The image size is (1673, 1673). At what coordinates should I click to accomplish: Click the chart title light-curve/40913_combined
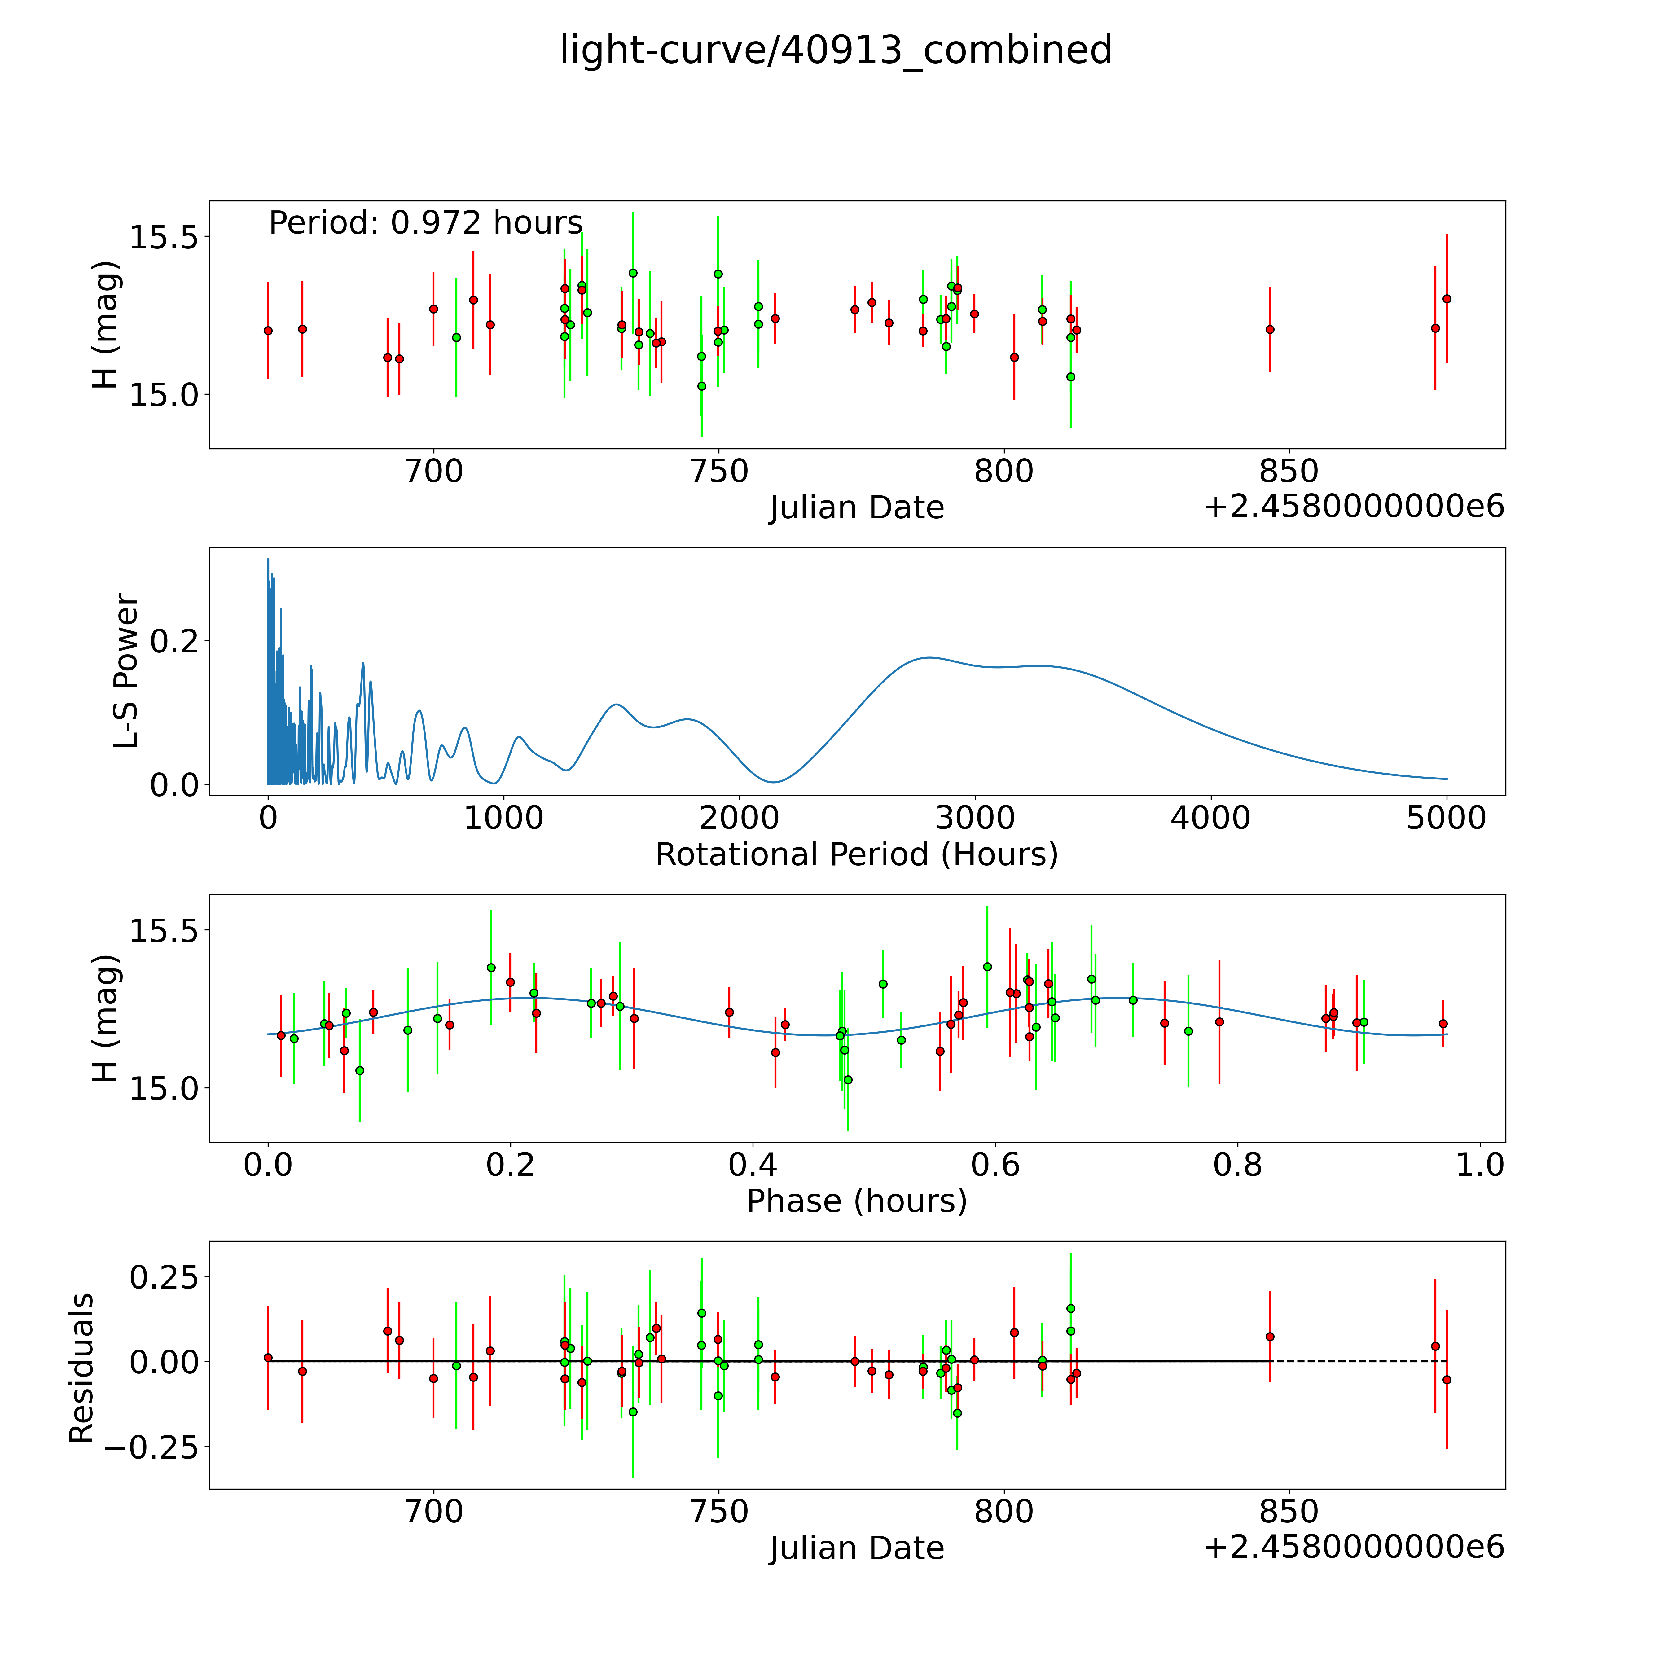pos(836,50)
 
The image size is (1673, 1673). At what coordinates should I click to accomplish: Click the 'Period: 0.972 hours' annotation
pos(425,223)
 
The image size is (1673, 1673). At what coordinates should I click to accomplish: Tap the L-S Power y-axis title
pos(126,671)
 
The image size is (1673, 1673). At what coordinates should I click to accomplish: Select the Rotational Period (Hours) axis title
pos(856,855)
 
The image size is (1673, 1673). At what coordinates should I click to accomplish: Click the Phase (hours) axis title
pos(856,1201)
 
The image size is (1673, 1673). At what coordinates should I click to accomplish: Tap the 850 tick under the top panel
pos(1289,472)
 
